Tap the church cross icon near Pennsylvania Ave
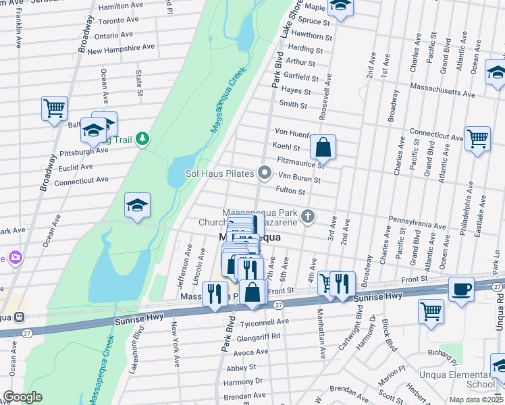(308, 217)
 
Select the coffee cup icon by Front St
(461, 288)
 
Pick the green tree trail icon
(142, 139)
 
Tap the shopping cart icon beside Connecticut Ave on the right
(477, 138)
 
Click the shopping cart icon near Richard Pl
(431, 311)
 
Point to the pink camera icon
(15, 257)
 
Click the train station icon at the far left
(20, 317)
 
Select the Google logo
(22, 397)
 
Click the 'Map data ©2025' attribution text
(476, 400)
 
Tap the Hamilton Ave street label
(122, 6)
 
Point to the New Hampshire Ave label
(121, 49)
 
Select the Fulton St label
(291, 192)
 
